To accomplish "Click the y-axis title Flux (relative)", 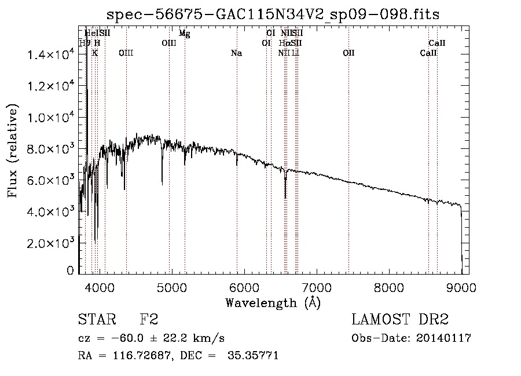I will [x=13, y=151].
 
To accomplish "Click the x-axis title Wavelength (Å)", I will [x=273, y=302].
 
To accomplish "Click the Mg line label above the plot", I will [x=184, y=34].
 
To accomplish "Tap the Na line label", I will [x=236, y=53].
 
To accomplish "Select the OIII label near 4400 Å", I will [x=126, y=53].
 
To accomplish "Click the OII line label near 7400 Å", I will [x=348, y=53].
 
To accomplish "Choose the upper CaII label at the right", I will [x=436, y=43].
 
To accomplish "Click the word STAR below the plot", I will [x=94, y=320].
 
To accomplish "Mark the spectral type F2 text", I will [x=149, y=320].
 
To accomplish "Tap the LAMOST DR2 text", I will [x=400, y=320].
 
